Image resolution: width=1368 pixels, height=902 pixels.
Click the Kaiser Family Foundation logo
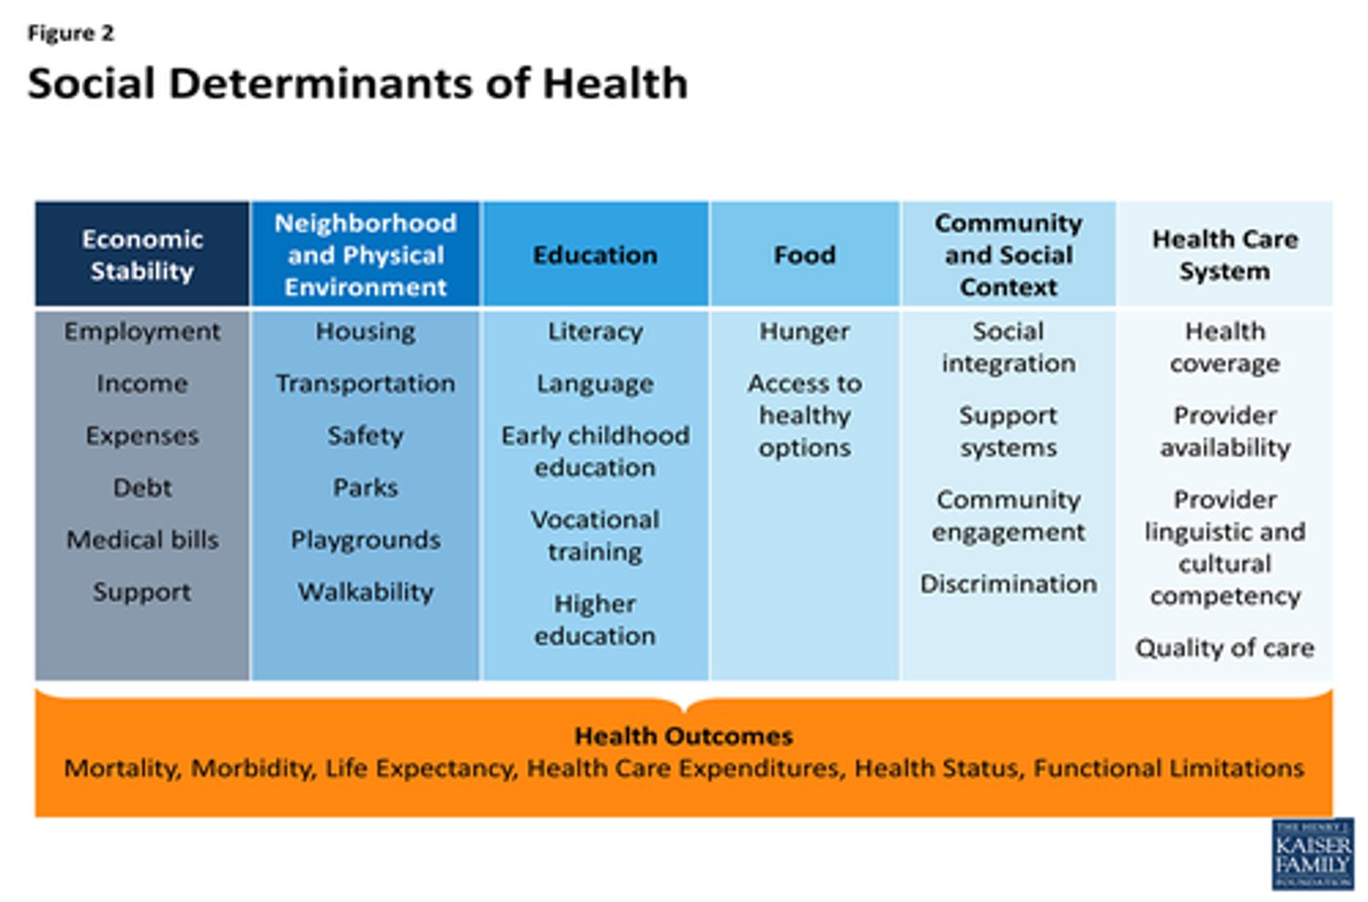tap(1313, 854)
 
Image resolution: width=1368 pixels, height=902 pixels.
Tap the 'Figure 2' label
tap(70, 33)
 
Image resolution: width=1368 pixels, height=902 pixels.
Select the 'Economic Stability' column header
tap(142, 254)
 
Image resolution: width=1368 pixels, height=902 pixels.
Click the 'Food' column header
tap(805, 254)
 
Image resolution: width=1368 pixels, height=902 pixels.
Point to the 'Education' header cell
tap(595, 254)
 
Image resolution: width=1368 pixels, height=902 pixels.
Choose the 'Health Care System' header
tap(1225, 254)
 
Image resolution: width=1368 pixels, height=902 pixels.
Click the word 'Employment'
tap(142, 331)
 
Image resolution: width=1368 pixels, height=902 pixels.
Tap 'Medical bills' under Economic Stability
tap(142, 539)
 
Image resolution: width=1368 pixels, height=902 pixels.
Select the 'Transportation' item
tap(366, 384)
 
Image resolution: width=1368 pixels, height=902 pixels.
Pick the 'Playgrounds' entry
tap(366, 539)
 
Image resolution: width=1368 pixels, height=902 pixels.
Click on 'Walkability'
tap(366, 592)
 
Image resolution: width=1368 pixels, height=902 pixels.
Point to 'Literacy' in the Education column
tap(595, 331)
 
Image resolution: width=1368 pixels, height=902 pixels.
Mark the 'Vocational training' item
tap(595, 536)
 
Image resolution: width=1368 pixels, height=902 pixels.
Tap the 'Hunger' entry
tap(805, 331)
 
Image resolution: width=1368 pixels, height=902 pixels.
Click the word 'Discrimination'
tap(1008, 583)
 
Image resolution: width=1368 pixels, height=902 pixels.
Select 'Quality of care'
tap(1225, 648)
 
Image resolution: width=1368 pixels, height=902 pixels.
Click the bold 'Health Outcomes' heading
tap(683, 736)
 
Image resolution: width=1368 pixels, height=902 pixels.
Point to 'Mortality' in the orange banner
tap(120, 768)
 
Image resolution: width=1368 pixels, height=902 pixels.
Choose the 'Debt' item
tap(142, 487)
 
